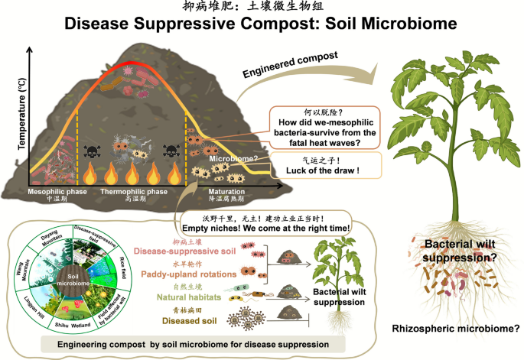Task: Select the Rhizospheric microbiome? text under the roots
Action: click(x=456, y=329)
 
